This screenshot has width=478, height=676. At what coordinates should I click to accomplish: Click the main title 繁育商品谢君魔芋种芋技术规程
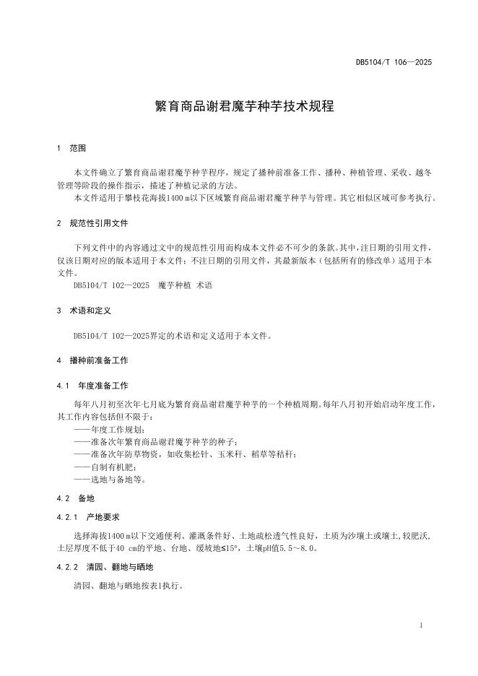[x=239, y=106]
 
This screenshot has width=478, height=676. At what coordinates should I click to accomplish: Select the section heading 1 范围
[x=71, y=148]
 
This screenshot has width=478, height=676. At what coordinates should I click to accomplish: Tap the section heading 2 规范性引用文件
[x=92, y=223]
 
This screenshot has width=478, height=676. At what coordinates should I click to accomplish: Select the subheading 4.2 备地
[x=75, y=498]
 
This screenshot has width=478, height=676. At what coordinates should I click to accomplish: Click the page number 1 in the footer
[x=420, y=625]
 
